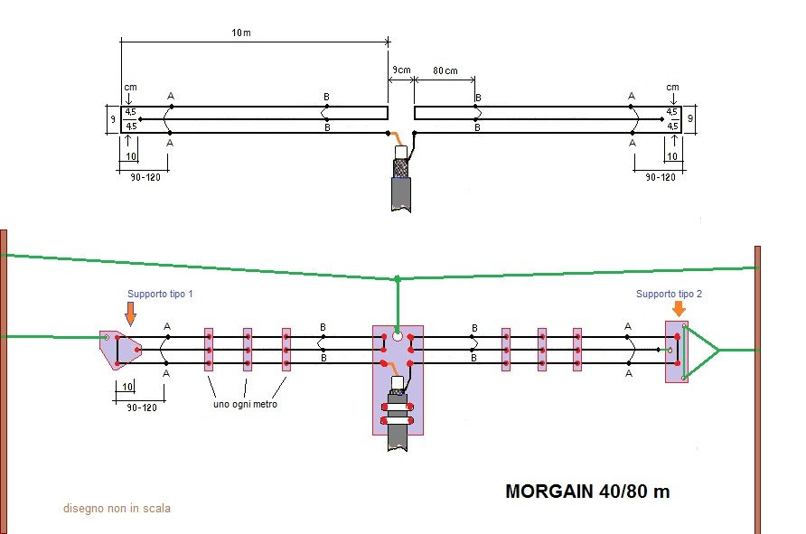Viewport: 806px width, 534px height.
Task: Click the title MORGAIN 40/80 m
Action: click(587, 492)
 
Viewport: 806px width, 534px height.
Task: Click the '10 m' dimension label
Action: click(239, 33)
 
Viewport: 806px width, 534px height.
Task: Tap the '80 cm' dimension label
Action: click(445, 70)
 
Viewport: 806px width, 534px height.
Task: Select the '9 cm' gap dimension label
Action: click(401, 70)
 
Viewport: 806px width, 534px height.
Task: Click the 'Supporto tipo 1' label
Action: click(161, 295)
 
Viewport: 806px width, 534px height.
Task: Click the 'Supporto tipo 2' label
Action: click(669, 294)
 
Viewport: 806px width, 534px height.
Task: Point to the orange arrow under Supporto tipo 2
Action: click(679, 309)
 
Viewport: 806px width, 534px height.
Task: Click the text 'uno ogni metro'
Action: click(245, 404)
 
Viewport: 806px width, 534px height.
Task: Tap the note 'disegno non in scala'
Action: click(117, 509)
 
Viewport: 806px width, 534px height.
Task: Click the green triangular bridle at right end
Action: click(701, 349)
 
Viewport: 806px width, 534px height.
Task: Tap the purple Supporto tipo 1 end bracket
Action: click(118, 349)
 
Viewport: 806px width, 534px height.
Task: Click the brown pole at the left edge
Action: click(4, 379)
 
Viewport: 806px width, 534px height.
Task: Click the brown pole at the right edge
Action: click(757, 389)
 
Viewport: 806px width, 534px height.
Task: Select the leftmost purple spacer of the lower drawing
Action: click(209, 350)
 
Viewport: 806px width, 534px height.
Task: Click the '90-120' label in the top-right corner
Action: click(660, 177)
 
